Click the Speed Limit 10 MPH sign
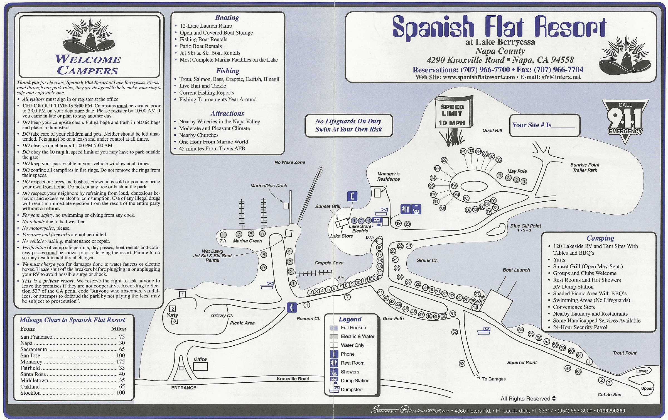coord(452,114)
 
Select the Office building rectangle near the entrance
coord(200,367)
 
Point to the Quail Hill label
coord(492,130)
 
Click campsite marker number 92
coord(444,160)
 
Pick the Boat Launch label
coord(516,270)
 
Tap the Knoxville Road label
coord(293,379)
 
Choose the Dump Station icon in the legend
coord(334,380)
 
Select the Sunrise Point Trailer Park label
coord(585,167)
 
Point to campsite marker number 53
coord(462,363)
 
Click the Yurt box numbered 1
coord(182,294)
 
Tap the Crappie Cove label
coord(329,263)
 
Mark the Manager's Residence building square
coord(377,193)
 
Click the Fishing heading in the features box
coord(227,71)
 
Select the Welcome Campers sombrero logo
coord(89,36)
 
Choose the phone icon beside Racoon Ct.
coord(292,307)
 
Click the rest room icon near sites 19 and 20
coord(406,209)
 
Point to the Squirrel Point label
coord(522,363)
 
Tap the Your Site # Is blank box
coord(545,125)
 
